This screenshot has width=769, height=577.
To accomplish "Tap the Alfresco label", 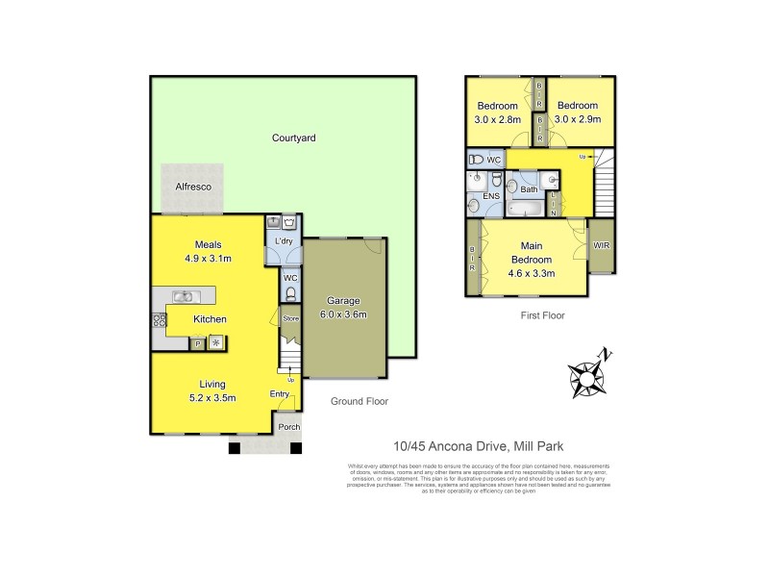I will click(192, 188).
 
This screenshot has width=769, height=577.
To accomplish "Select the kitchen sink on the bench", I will click(183, 296).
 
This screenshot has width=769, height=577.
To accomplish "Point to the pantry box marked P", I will click(198, 342).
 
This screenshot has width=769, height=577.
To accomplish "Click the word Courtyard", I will click(294, 138).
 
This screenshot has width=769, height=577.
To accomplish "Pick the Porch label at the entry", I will click(288, 427).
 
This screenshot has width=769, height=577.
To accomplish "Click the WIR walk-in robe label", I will click(602, 246).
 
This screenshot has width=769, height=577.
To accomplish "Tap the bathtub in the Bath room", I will click(526, 208).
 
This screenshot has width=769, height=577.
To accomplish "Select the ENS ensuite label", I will click(491, 195).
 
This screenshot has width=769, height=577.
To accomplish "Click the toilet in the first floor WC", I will click(475, 160).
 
